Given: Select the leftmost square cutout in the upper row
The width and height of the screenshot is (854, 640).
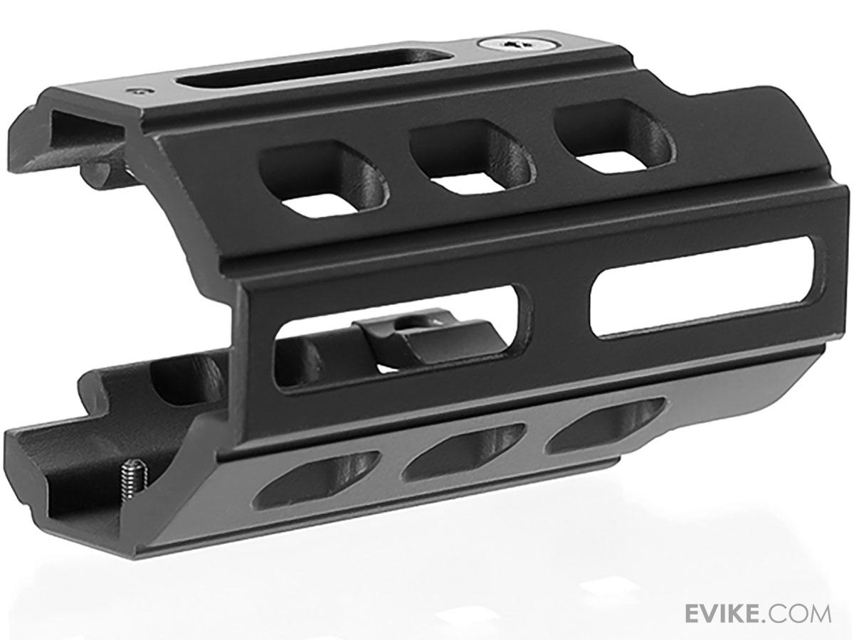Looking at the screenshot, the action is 324,178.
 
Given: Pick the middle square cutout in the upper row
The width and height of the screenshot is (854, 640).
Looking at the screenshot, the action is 472,156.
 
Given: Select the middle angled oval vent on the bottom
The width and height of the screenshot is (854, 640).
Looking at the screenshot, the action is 463,450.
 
